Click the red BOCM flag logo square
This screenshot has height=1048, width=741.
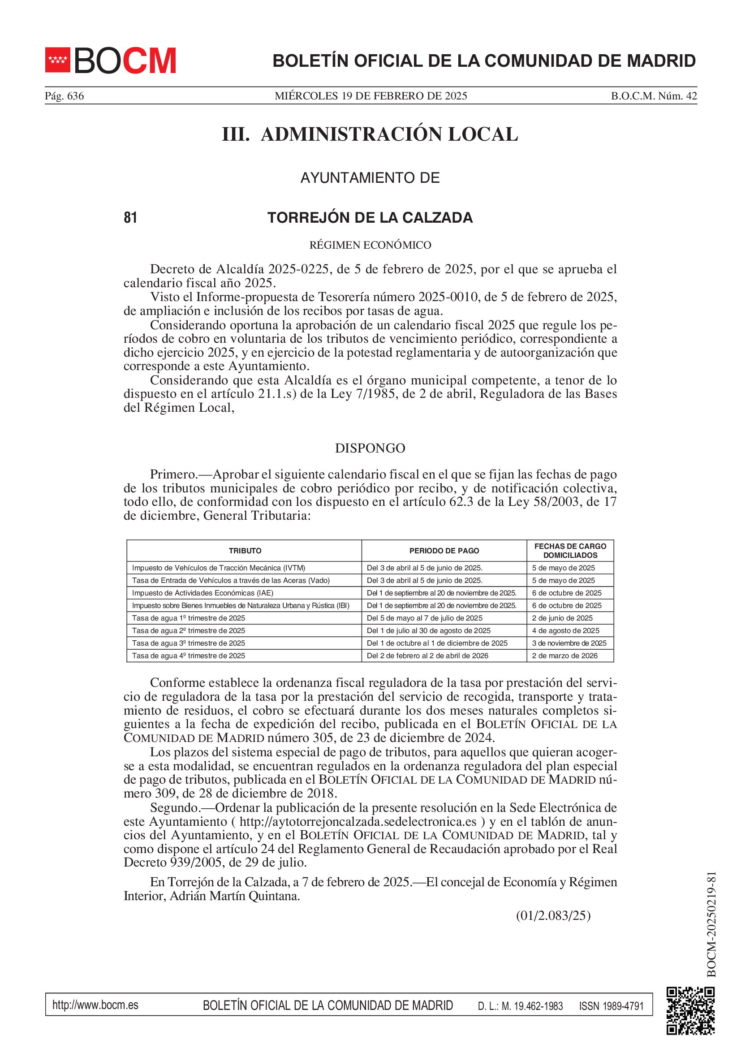(x=57, y=60)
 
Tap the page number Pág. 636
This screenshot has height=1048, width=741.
(x=65, y=96)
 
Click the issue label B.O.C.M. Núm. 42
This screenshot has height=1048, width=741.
(x=653, y=96)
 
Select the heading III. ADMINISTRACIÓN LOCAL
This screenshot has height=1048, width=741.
(x=370, y=134)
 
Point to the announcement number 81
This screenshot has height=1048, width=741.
(x=130, y=217)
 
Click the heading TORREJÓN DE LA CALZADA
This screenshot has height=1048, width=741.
(x=370, y=218)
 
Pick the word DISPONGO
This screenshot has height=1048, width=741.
(x=370, y=448)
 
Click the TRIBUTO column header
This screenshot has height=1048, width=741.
(x=245, y=551)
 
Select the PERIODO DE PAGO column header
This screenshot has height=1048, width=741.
(x=444, y=551)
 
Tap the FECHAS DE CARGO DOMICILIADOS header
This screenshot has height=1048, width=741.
(x=570, y=551)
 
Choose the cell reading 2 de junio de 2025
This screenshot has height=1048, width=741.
(x=562, y=618)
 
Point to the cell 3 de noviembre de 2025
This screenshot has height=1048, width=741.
(x=569, y=643)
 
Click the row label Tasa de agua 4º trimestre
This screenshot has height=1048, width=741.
(x=189, y=656)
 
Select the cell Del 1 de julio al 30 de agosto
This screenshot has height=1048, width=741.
(x=428, y=631)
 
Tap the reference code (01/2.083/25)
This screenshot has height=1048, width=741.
(x=553, y=916)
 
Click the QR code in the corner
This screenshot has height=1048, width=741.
(x=690, y=1010)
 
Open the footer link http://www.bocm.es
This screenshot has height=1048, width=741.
(x=95, y=1005)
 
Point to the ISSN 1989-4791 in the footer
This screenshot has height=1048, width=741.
(x=611, y=1006)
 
